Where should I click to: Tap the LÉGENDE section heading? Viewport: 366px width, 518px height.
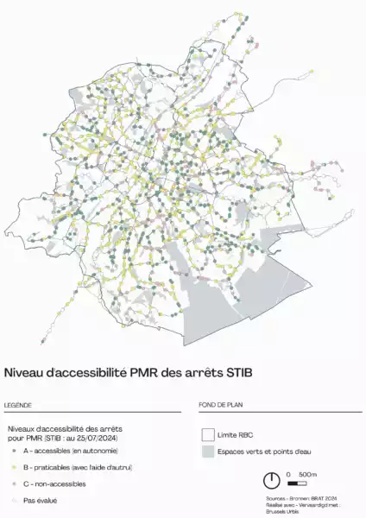pos(19,405)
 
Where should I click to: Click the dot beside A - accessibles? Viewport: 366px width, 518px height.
pos(13,451)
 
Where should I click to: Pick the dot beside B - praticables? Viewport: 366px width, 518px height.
pos(13,467)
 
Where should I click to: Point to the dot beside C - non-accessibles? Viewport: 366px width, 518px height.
pos(13,483)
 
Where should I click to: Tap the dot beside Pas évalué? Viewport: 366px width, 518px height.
pos(13,500)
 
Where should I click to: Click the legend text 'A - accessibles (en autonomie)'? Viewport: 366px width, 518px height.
pos(71,451)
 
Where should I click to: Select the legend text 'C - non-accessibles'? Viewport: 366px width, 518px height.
pos(55,483)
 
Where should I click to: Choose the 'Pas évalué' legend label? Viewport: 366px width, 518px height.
pos(41,500)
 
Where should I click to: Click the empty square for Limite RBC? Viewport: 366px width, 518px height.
pos(207,434)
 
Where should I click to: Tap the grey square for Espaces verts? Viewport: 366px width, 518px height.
pos(207,452)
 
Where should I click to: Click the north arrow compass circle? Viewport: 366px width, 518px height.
pos(272,479)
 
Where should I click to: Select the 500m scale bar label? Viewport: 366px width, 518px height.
pos(307,475)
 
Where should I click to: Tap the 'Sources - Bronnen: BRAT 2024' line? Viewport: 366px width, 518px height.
pos(299,499)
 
